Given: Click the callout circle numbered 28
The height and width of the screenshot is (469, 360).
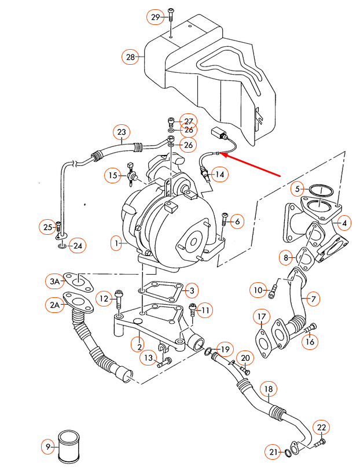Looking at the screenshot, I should pos(130,57).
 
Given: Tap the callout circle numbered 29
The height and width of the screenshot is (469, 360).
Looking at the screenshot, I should pos(155,17).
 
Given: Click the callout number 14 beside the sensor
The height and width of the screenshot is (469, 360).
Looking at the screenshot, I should pos(219,174).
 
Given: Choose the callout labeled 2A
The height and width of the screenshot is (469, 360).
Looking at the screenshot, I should pos(56,304).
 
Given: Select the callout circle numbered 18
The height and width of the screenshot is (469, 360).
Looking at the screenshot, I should pos(268,389).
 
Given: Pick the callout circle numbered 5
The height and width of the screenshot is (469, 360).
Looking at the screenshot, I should pos(297,189).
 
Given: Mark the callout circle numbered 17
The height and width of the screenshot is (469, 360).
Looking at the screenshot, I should pos(262,316).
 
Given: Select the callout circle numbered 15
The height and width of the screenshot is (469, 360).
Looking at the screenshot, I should pos(113,174).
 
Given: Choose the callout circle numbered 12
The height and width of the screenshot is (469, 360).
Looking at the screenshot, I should pos(104,298).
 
